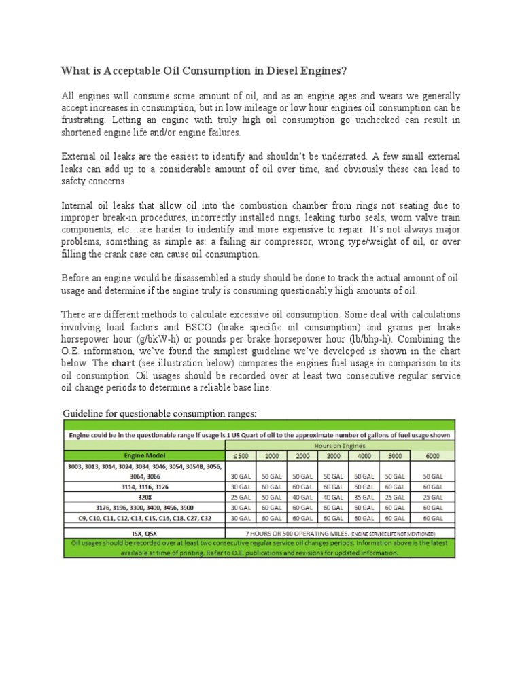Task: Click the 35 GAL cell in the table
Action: [x=364, y=497]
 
